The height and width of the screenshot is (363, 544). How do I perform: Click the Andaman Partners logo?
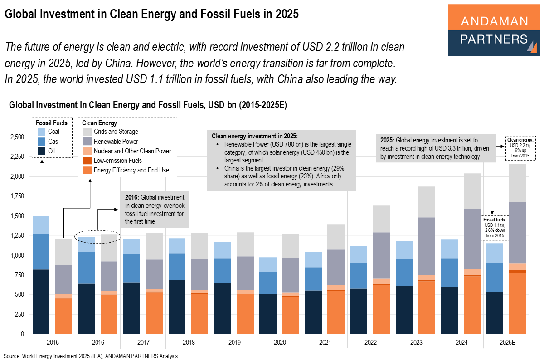[x=494, y=30]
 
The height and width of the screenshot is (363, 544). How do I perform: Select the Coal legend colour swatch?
[x=41, y=132]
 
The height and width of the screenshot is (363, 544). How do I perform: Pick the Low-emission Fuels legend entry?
[x=118, y=161]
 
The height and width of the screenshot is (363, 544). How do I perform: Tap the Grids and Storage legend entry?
[x=116, y=132]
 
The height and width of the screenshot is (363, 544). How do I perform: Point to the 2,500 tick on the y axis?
[x=18, y=137]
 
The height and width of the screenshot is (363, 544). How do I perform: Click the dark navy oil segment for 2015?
[x=41, y=301]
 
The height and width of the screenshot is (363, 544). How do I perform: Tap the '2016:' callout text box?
[x=155, y=210]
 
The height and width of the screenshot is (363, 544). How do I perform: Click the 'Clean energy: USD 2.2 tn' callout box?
[x=520, y=148]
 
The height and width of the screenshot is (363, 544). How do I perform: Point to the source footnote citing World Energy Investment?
[x=91, y=356]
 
